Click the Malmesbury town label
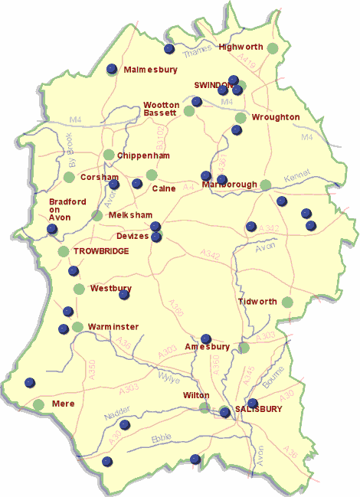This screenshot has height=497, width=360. coord(150,70)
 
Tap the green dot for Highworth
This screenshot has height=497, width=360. coord(273,48)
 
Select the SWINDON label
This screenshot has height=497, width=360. coord(213,85)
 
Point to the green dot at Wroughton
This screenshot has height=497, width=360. coord(241,118)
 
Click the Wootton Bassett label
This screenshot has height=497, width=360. coord(162,109)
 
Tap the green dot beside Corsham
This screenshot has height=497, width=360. coord(69,178)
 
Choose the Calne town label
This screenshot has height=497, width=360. coord(164,188)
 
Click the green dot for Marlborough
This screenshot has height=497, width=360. coord(265,185)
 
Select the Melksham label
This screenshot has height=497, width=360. coord(131,216)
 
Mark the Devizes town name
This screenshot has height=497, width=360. coord(133,237)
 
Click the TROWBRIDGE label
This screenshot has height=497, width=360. coord(101,251)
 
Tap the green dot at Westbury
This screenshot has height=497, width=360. coord(79,289)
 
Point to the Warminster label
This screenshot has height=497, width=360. coord(113,327)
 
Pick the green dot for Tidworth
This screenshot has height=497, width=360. coord(287,302)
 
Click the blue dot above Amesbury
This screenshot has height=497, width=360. coord(205,338)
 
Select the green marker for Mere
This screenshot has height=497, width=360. coord(38,404)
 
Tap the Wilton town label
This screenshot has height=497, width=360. coord(196,396)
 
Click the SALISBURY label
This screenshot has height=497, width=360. coord(258,409)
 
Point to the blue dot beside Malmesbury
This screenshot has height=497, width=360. coord(112,69)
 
